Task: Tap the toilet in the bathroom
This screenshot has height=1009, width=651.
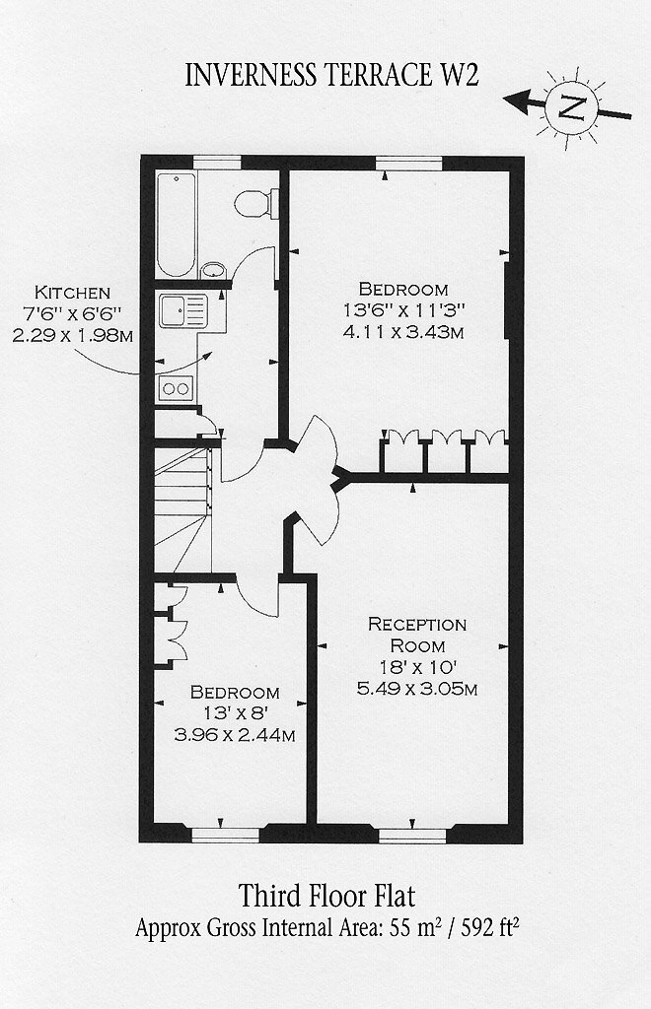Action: [x=256, y=203]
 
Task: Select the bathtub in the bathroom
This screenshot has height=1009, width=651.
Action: [x=176, y=224]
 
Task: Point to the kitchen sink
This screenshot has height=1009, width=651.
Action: [x=183, y=310]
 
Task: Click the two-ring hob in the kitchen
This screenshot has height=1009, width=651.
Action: [x=176, y=388]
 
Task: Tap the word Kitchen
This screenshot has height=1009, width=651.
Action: [x=72, y=293]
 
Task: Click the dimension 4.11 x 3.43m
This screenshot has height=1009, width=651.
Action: [x=403, y=332]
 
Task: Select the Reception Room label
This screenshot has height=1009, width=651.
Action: [x=417, y=635]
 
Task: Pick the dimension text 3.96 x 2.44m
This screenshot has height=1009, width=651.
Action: [x=235, y=734]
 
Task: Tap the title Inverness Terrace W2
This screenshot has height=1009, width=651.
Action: [x=331, y=75]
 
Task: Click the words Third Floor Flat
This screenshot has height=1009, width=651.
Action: [x=327, y=895]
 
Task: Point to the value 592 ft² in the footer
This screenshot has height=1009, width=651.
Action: [x=490, y=927]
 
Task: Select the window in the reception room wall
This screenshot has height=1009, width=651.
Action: [x=412, y=836]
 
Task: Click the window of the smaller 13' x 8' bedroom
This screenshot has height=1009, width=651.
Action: [x=226, y=835]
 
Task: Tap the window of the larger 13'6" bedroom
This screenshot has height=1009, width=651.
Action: [x=409, y=163]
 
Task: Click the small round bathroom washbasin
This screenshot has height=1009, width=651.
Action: [x=213, y=270]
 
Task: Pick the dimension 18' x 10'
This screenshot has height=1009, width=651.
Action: [x=417, y=667]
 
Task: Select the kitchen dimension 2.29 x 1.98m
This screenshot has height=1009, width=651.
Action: [x=73, y=335]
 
